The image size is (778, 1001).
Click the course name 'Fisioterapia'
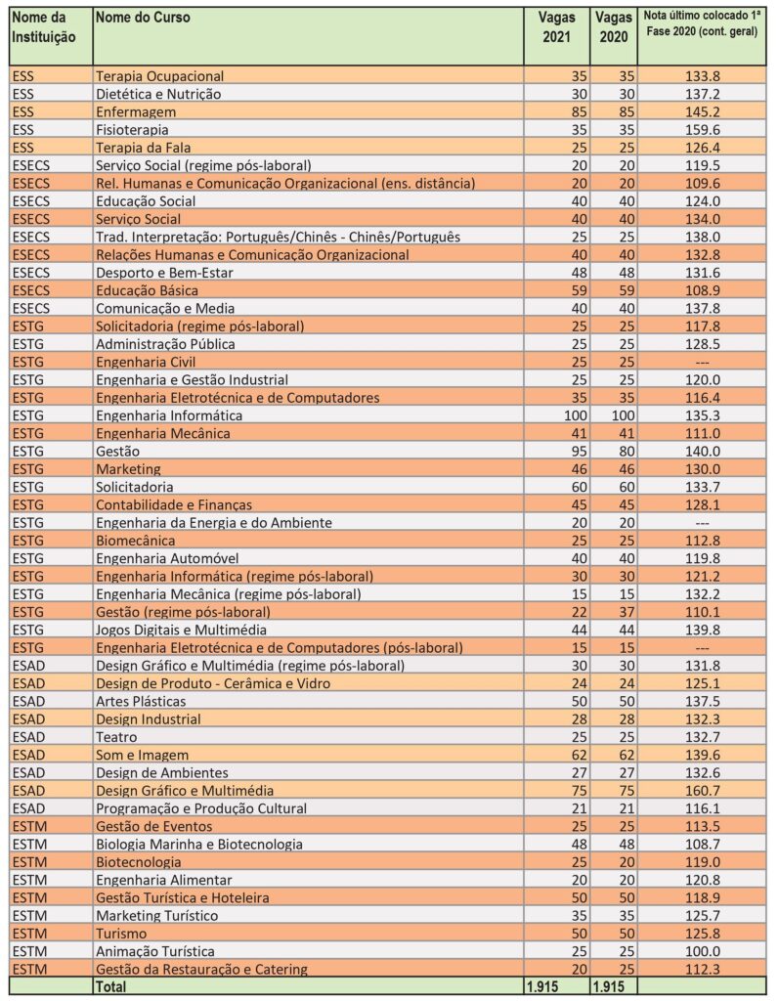coord(132,129)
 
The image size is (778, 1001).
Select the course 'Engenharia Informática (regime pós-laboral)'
coord(235,576)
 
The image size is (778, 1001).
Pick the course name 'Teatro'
coord(116,736)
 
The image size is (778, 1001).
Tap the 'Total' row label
coord(110,987)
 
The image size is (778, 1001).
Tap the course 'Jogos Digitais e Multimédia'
coord(181,630)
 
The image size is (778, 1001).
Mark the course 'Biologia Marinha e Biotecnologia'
coord(199,844)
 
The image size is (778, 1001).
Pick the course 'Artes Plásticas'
coord(141,701)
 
